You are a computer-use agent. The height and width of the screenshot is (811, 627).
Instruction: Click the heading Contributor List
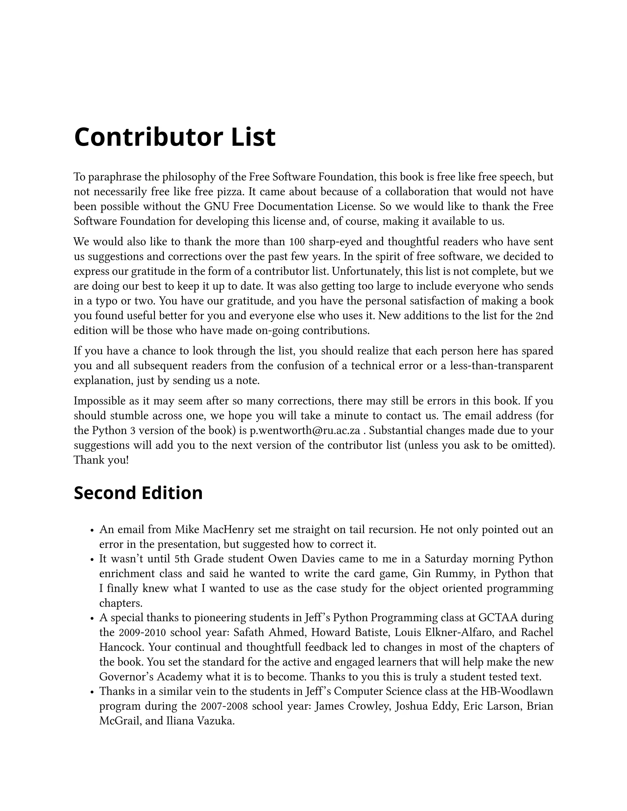[x=175, y=137]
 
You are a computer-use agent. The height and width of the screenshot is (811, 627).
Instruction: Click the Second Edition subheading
[x=138, y=493]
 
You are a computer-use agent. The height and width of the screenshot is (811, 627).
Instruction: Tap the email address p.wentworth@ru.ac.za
[x=305, y=431]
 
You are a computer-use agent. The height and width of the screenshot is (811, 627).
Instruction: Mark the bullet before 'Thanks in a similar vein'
[x=92, y=692]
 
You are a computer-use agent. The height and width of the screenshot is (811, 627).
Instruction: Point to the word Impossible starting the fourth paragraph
[x=97, y=401]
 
